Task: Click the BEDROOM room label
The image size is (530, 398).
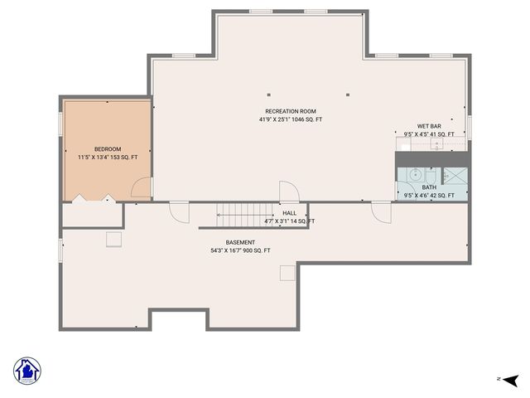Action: [x=108, y=149]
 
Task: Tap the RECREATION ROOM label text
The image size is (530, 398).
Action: [x=290, y=111]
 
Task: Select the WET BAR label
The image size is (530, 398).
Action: [x=428, y=126]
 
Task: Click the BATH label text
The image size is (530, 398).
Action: [x=429, y=187]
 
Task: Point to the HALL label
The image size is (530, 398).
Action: [x=289, y=213]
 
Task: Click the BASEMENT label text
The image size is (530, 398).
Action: [x=240, y=242]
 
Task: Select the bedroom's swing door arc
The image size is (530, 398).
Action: [x=142, y=188]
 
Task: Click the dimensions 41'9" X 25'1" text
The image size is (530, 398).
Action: [x=290, y=119]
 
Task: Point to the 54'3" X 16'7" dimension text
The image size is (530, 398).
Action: [x=240, y=250]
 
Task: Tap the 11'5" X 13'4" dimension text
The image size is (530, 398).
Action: [x=108, y=157]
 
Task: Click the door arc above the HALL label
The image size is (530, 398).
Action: [x=288, y=190]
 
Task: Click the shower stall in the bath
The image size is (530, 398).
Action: [x=455, y=176]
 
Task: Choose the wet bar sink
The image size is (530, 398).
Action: [x=436, y=144]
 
